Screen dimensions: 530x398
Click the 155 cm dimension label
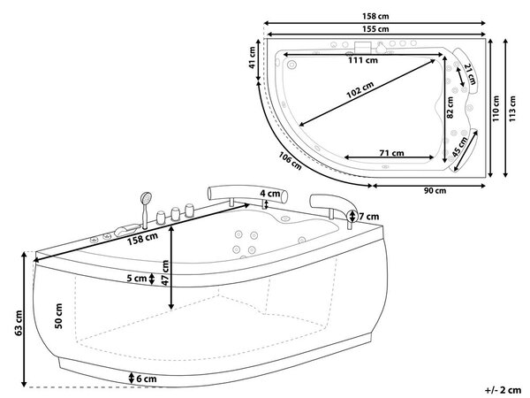point(375,29)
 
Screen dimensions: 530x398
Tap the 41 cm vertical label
point(252,57)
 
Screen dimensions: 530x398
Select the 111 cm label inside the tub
point(363,60)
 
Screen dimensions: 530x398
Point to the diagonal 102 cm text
point(360,89)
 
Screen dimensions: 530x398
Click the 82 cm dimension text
point(450,107)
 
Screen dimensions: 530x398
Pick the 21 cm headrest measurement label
point(470,74)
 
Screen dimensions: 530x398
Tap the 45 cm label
point(460,146)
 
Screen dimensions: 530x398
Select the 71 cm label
point(391,153)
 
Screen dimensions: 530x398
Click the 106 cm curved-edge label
point(290,161)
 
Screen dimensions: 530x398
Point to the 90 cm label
point(435,190)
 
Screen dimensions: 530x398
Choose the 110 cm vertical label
point(496,109)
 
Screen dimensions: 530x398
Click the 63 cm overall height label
point(19,323)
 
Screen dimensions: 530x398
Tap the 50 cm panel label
point(58,316)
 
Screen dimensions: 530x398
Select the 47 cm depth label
point(165,272)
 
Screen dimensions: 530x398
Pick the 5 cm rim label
point(137,279)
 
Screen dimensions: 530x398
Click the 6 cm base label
point(147,379)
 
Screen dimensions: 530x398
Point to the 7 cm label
point(368,217)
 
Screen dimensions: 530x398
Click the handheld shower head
point(147,198)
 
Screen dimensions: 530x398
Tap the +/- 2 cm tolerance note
point(503,390)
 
